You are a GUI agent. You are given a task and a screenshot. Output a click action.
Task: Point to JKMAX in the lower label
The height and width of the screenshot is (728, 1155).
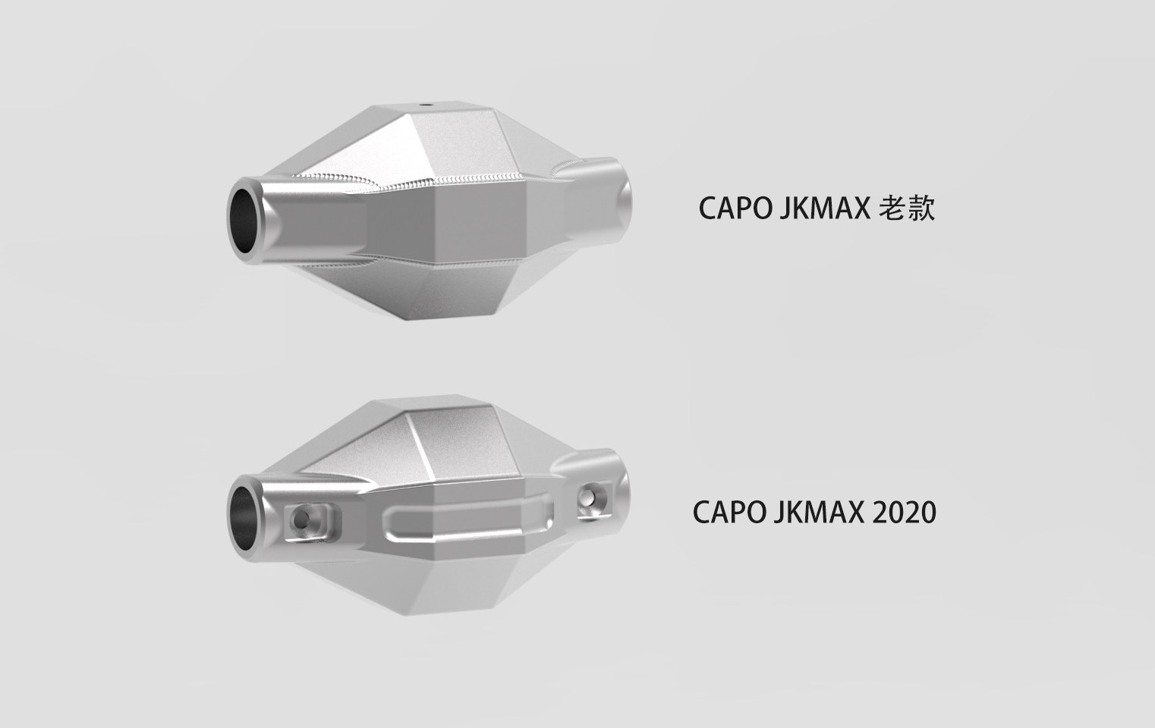click(x=819, y=513)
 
